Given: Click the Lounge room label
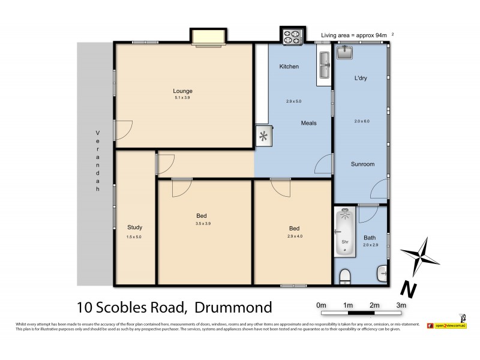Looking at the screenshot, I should tap(183, 91).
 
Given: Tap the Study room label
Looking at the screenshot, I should tap(134, 227).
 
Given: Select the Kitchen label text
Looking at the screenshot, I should tap(289, 67).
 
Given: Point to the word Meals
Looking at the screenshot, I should tap(308, 123).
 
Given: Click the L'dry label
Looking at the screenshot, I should tap(361, 78).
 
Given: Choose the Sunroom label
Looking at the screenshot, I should tap(362, 164).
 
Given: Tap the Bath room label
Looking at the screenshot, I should tap(370, 238).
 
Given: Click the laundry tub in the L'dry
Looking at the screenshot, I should tap(344, 53).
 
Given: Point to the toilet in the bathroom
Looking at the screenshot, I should tap(345, 277).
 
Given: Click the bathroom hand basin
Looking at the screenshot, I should tap(383, 274).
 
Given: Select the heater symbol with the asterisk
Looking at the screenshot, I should tap(263, 136).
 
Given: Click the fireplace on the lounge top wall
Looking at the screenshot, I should tap(208, 37).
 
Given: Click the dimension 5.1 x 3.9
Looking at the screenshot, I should tap(183, 98).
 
